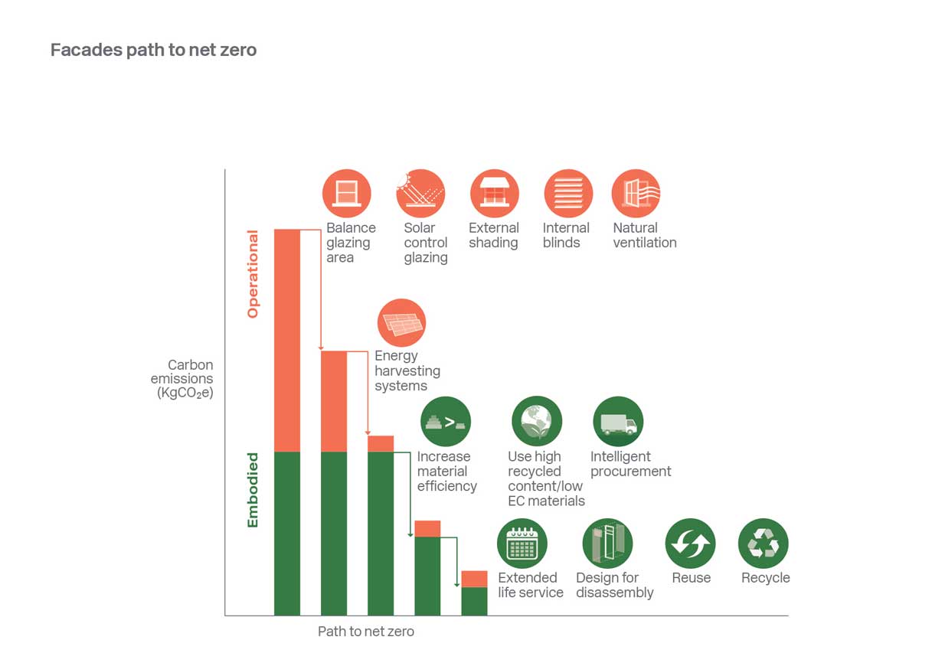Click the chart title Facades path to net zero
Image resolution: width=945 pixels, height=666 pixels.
[x=153, y=51]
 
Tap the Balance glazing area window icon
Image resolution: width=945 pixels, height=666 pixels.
[x=347, y=194]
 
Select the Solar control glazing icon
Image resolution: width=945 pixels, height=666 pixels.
[x=420, y=194]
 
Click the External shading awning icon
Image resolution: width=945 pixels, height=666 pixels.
[x=494, y=194]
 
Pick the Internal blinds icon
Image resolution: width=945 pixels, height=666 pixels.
[x=568, y=194]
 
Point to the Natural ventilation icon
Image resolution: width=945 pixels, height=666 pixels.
[x=636, y=194]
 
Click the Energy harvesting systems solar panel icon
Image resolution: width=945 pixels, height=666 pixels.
[x=401, y=323]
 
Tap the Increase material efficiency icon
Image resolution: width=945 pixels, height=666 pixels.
[x=446, y=422]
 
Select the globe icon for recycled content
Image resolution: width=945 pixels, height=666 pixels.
[x=537, y=422]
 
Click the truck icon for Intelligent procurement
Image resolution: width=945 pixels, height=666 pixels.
[x=618, y=422]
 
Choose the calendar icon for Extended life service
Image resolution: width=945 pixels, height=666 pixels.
[x=522, y=544]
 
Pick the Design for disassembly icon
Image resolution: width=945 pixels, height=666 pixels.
[x=607, y=544]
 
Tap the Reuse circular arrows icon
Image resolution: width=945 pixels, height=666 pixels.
[x=690, y=544]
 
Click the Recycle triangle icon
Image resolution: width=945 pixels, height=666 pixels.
[x=763, y=544]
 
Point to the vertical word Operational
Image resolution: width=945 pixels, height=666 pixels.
[x=253, y=274]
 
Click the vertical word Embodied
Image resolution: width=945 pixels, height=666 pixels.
[x=253, y=490]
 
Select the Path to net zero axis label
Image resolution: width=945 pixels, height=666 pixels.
[x=366, y=632]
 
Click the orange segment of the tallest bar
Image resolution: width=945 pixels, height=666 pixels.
[x=287, y=340]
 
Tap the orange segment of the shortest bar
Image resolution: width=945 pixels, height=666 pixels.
[x=474, y=579]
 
